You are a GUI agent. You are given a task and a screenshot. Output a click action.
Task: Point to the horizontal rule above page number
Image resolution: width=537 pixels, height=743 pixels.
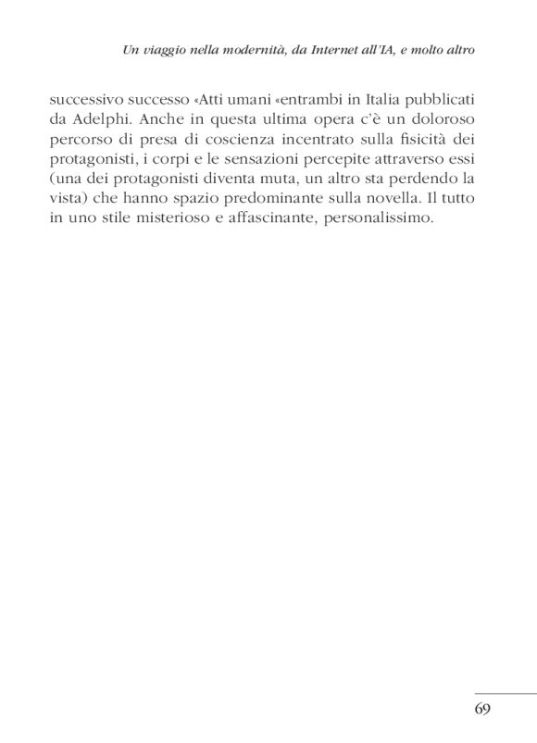click(506, 693)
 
